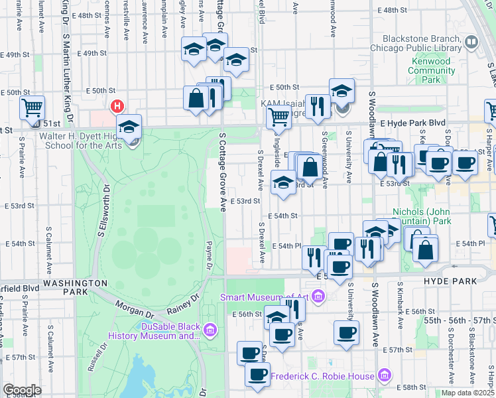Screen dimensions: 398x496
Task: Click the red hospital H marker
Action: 117,106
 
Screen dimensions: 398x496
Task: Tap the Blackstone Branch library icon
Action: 471,42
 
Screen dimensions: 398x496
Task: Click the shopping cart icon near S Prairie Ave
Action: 31,106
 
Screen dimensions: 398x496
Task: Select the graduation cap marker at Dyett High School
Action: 129,125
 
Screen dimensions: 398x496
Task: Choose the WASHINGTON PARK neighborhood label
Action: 75,287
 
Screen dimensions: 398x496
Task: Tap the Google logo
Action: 22,390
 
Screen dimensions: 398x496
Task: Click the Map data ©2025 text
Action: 467,393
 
